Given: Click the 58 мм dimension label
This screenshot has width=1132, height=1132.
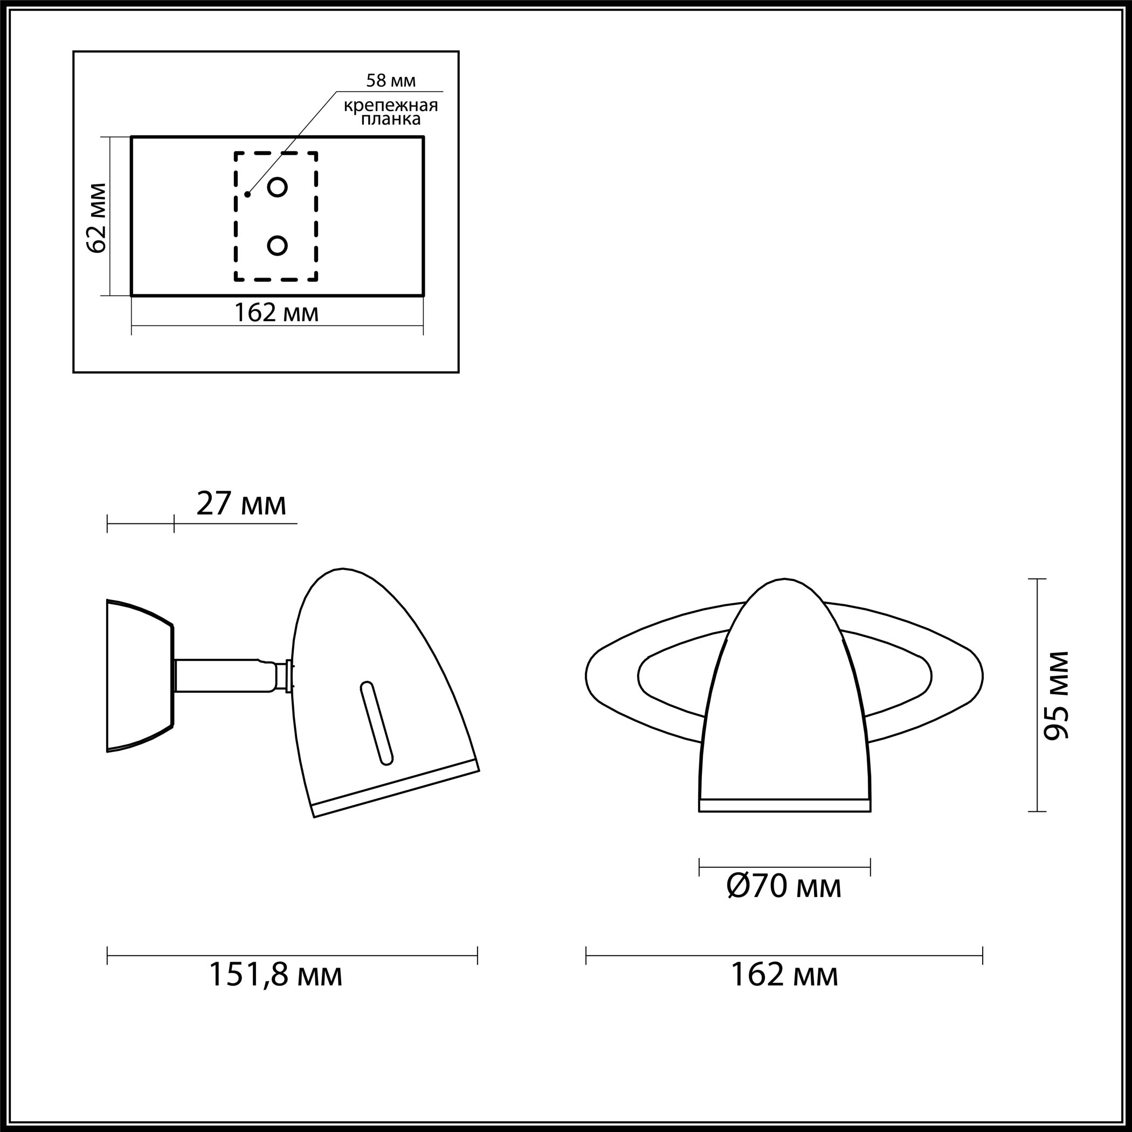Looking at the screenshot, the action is tap(391, 80).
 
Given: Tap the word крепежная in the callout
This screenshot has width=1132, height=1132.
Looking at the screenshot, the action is tap(391, 106).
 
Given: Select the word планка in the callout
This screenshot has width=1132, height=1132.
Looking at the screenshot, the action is tap(391, 120).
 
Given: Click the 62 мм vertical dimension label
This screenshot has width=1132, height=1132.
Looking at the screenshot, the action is tap(97, 218).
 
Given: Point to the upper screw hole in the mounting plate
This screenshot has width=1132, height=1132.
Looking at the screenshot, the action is tap(277, 188).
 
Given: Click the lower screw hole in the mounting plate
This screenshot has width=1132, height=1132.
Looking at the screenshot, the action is tap(277, 245).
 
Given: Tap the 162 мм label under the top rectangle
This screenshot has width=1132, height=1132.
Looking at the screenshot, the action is tap(277, 312).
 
